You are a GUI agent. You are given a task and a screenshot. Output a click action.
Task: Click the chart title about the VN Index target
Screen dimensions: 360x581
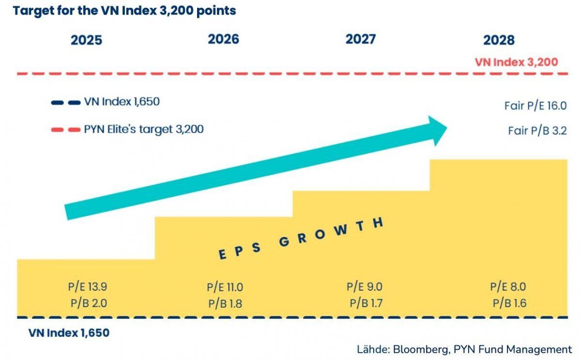(124, 11)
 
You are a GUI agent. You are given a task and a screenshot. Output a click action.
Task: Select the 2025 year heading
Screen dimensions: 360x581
(87, 40)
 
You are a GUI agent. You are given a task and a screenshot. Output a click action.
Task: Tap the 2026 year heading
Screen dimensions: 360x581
(224, 39)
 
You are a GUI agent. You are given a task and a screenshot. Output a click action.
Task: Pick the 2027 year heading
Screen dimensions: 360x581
(361, 39)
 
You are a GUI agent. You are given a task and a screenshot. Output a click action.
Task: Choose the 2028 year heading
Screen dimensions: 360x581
(499, 40)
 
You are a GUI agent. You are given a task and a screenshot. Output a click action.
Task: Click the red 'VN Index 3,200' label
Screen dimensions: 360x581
(516, 62)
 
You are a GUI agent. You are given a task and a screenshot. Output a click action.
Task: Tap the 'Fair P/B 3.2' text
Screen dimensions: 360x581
(537, 131)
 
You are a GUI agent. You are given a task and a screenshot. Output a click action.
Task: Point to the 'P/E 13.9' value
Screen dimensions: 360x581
(87, 286)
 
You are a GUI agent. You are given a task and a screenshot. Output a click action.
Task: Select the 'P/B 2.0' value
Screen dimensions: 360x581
(89, 304)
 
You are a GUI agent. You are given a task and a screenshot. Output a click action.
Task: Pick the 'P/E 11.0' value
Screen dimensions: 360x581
(225, 287)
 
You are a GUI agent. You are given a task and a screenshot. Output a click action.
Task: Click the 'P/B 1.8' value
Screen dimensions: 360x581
(225, 304)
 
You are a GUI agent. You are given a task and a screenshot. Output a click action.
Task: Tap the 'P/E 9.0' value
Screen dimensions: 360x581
(364, 286)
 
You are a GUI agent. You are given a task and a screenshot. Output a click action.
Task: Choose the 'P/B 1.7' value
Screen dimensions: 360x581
(366, 304)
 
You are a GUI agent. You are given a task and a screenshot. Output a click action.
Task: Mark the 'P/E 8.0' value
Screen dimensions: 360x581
(508, 286)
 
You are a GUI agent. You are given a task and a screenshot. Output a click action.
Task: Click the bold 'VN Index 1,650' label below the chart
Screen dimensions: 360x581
(69, 333)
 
